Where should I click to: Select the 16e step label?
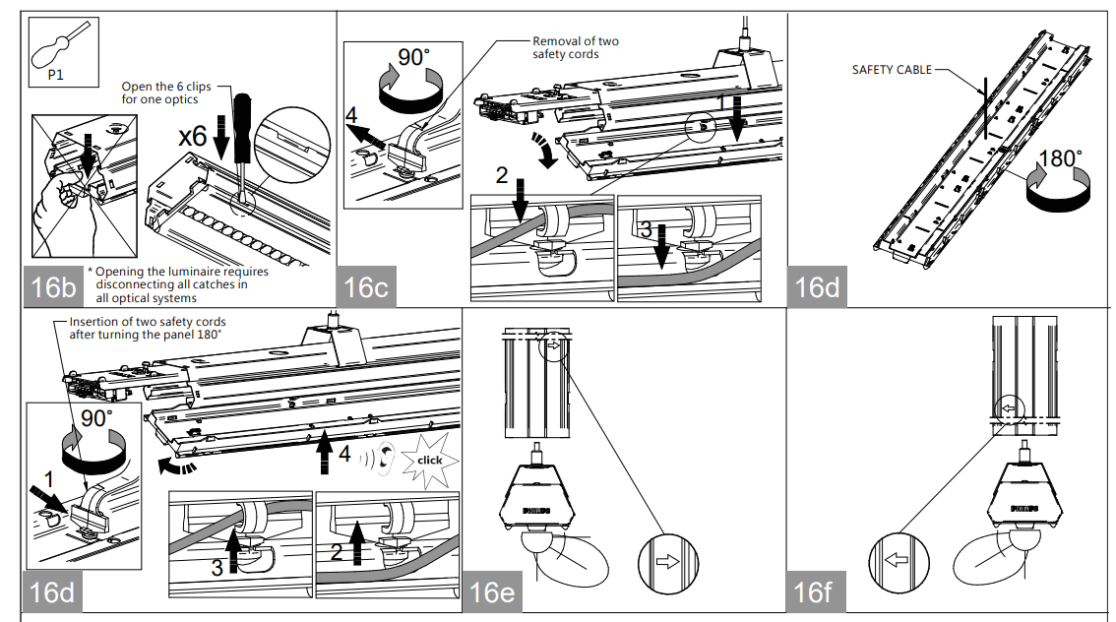(491, 592)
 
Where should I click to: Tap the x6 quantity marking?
(193, 137)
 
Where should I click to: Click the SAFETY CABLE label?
(892, 70)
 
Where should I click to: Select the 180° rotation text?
(1060, 158)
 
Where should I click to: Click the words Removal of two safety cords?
(575, 47)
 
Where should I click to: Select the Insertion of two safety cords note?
(148, 328)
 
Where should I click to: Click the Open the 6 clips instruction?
(166, 93)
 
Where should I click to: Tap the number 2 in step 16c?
(502, 176)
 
